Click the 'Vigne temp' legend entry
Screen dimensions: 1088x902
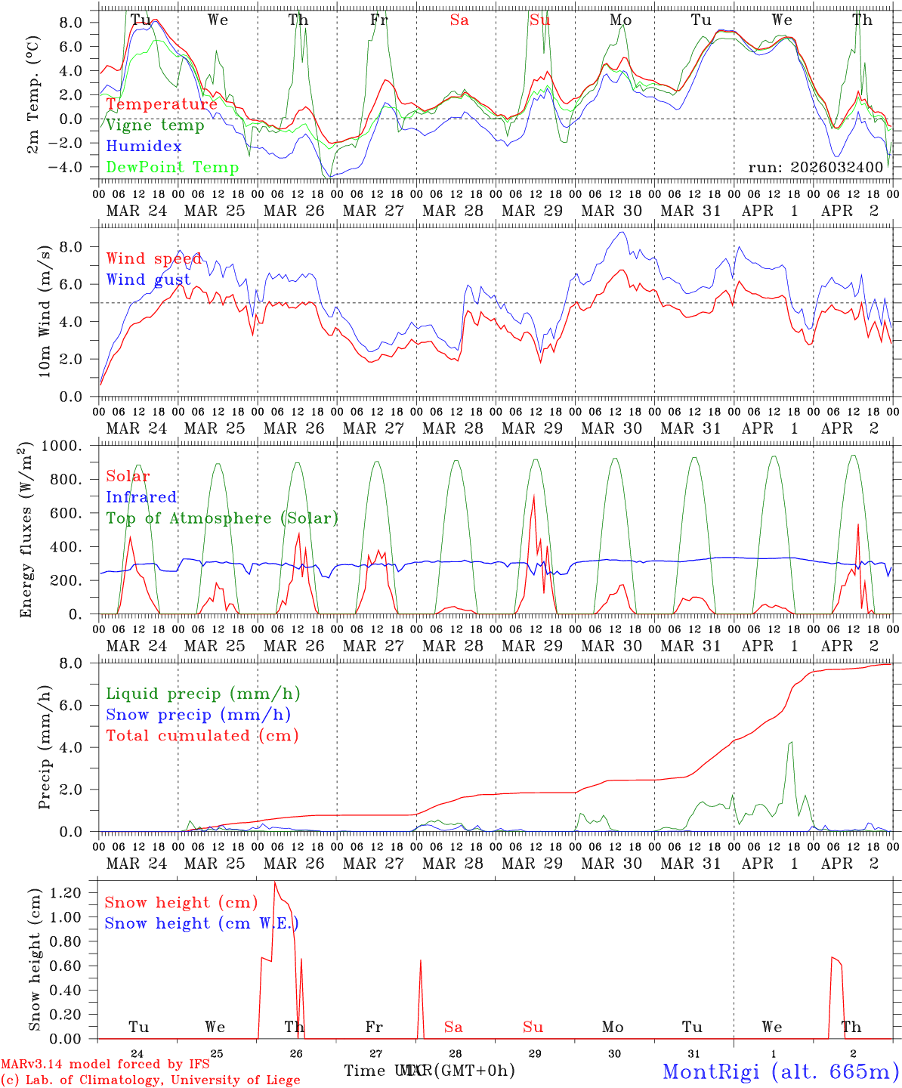pyautogui.click(x=155, y=125)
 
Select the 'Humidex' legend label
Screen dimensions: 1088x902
pyautogui.click(x=144, y=147)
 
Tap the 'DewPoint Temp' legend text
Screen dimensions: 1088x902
pyautogui.click(x=172, y=168)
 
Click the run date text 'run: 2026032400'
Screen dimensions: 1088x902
pyautogui.click(x=815, y=167)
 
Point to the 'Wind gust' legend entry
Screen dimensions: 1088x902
pyautogui.click(x=149, y=280)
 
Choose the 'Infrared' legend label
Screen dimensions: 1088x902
pyautogui.click(x=141, y=497)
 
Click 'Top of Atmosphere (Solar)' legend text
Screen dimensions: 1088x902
pyautogui.click(x=222, y=518)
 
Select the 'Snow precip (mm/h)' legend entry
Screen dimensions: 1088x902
pyautogui.click(x=198, y=715)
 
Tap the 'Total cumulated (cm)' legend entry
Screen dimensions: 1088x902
pyautogui.click(x=202, y=736)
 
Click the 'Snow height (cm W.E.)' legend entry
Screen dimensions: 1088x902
pyautogui.click(x=201, y=923)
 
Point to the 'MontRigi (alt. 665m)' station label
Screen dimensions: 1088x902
pyautogui.click(x=780, y=1071)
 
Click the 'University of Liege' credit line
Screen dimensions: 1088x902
pyautogui.click(x=150, y=1080)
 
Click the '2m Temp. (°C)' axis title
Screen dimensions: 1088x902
pyautogui.click(x=33, y=94)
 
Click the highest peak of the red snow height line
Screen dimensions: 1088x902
pyautogui.click(x=274, y=882)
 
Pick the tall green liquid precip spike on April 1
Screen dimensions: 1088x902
pyautogui.click(x=791, y=742)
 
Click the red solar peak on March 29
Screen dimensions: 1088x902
pyautogui.click(x=534, y=496)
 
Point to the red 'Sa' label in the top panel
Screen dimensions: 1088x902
pyautogui.click(x=459, y=20)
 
